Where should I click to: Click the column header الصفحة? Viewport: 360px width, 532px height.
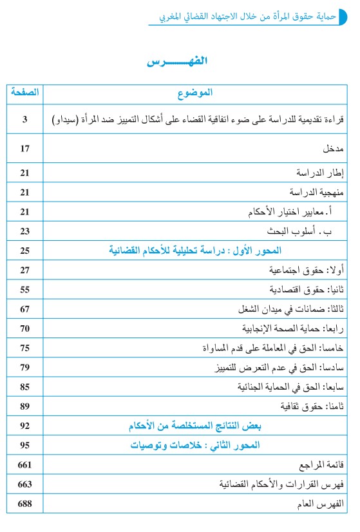25,93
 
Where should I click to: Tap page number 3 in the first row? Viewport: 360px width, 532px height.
25,119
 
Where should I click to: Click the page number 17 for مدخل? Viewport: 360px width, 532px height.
25,149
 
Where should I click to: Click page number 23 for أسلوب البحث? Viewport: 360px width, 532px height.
25,231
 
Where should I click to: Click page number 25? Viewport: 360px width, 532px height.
25,250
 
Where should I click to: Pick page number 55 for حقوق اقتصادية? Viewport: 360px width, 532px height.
25,289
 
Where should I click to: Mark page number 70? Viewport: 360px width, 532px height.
25,328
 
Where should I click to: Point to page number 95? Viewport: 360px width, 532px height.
25,445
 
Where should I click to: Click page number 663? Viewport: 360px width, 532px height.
25,484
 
